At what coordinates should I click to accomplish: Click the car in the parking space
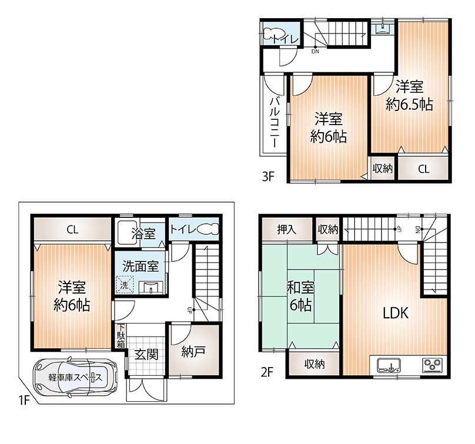click(x=75, y=378)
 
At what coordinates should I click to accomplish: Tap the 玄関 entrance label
click(x=146, y=354)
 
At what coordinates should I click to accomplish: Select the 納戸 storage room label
click(x=193, y=351)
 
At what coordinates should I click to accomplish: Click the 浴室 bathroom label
click(x=143, y=233)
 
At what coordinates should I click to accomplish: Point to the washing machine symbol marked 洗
click(x=124, y=284)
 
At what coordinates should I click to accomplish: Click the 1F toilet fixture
click(x=208, y=229)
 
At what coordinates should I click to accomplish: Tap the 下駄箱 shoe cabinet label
click(x=121, y=336)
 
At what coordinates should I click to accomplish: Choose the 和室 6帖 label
click(x=300, y=297)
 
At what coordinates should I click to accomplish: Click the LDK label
click(x=396, y=313)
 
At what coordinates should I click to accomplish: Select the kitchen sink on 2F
click(x=389, y=365)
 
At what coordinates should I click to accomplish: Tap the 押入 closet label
click(x=286, y=230)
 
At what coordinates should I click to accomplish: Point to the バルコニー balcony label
click(x=275, y=122)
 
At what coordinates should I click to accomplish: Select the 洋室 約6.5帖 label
click(x=409, y=96)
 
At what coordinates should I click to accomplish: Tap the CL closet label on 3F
click(x=423, y=169)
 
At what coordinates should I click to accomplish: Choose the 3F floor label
click(x=268, y=176)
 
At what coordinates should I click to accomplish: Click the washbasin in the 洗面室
click(x=151, y=287)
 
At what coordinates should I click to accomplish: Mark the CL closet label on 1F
click(x=72, y=230)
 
